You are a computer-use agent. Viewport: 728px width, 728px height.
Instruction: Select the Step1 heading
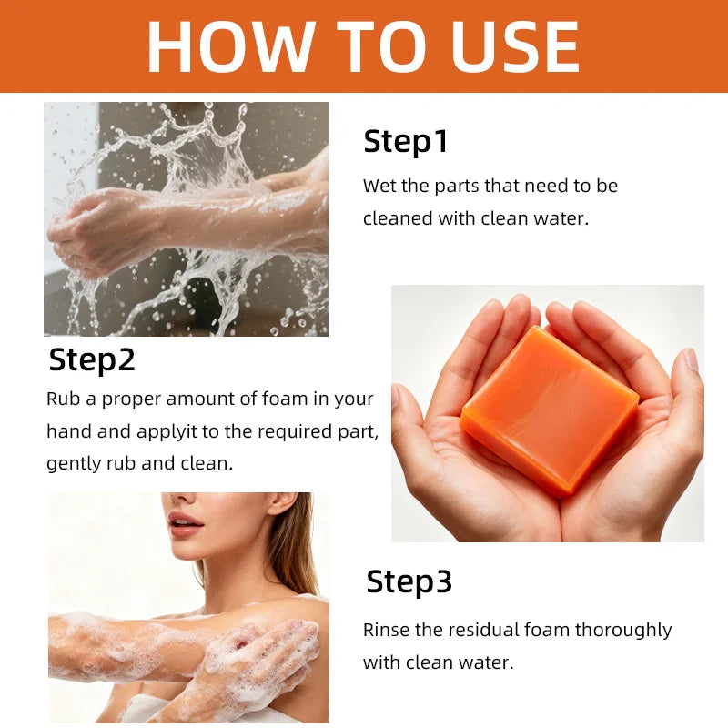[405, 141]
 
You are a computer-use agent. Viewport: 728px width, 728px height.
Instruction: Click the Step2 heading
[92, 359]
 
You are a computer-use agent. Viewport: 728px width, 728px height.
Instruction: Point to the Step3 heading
[409, 581]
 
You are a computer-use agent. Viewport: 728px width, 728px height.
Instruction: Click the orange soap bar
[550, 411]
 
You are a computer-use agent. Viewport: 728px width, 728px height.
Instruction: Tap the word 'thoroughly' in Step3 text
[623, 631]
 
